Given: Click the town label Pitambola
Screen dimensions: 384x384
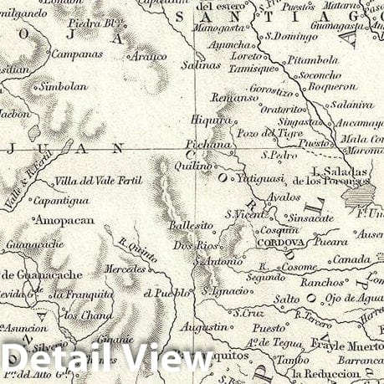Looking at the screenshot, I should pyautogui.click(x=312, y=60).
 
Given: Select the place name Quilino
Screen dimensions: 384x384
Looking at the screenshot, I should pyautogui.click(x=192, y=166).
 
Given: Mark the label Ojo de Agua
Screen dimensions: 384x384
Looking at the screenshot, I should pyautogui.click(x=356, y=299).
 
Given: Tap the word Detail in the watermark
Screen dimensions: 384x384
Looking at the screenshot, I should pyautogui.click(x=59, y=360).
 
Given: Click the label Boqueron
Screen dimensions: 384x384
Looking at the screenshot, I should pyautogui.click(x=331, y=85).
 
